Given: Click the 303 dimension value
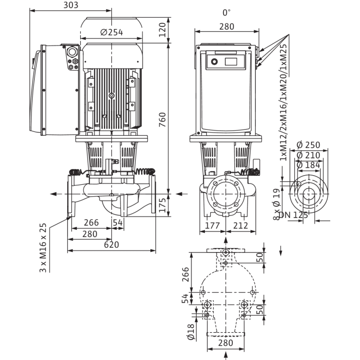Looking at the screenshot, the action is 71,5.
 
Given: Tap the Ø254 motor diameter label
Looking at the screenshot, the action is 111,32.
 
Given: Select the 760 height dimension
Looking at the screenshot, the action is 162,120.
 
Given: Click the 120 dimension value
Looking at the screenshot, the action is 162,30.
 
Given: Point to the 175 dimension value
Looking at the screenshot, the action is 162,205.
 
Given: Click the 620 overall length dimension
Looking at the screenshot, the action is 111,245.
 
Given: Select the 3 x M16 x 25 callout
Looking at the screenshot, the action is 43,248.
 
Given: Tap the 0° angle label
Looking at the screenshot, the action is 227,12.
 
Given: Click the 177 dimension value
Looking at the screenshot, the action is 212,226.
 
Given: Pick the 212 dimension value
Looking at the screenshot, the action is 240,226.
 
